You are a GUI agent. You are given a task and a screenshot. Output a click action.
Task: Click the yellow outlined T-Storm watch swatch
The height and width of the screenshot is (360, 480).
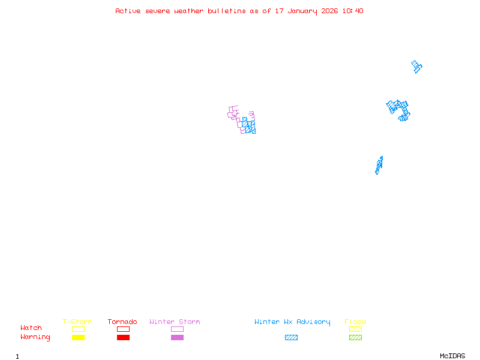pyautogui.click(x=78, y=329)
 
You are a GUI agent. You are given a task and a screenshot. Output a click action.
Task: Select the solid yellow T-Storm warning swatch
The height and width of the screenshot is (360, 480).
pyautogui.click(x=78, y=338)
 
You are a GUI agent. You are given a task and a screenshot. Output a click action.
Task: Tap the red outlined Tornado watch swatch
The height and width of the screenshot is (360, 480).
pyautogui.click(x=123, y=329)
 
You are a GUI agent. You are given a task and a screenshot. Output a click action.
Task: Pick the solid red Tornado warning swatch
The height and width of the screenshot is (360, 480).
pyautogui.click(x=123, y=338)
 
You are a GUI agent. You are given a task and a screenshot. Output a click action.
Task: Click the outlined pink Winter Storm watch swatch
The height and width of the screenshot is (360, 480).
pyautogui.click(x=177, y=329)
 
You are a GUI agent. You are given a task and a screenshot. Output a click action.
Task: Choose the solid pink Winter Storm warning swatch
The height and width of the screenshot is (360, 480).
pyautogui.click(x=177, y=338)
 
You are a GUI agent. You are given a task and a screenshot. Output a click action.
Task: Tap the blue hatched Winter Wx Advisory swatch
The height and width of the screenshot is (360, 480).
pyautogui.click(x=291, y=338)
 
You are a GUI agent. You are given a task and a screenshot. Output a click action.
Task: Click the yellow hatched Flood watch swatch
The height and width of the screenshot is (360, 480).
pyautogui.click(x=355, y=329)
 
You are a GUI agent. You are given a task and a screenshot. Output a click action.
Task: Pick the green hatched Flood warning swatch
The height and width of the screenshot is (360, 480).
pyautogui.click(x=355, y=338)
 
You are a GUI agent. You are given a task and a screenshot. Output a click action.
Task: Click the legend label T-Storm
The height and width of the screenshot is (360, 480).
pyautogui.click(x=77, y=322)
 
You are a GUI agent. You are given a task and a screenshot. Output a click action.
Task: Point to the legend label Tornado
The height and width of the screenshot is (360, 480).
pyautogui.click(x=122, y=322)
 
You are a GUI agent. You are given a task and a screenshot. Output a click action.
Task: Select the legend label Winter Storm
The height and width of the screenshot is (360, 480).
pyautogui.click(x=175, y=322)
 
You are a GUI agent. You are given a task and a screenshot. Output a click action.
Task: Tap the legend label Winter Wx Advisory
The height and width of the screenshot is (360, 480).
pyautogui.click(x=292, y=322)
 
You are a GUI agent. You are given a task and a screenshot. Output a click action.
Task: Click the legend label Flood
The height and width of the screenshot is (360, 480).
pyautogui.click(x=355, y=322)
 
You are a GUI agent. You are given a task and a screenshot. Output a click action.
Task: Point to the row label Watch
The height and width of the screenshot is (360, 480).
pyautogui.click(x=31, y=328)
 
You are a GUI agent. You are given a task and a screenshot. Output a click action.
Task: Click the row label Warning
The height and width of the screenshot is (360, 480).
pyautogui.click(x=35, y=337)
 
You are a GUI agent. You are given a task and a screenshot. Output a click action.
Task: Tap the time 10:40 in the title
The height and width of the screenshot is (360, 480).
pyautogui.click(x=353, y=11)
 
